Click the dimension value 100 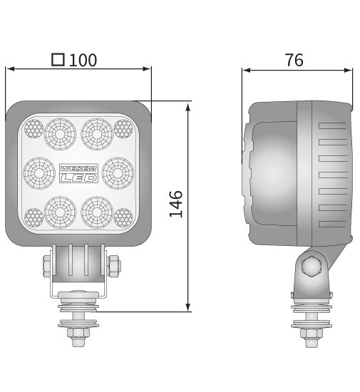pyautogui.click(x=83, y=60)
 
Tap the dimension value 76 pyautogui.click(x=294, y=60)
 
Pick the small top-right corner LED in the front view pyautogui.click(x=123, y=128)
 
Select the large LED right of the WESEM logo pyautogui.click(x=117, y=172)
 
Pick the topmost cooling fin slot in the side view pyautogui.click(x=331, y=125)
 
